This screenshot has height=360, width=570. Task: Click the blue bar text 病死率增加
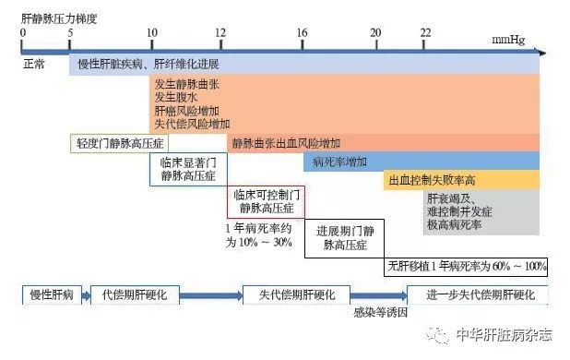340,162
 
